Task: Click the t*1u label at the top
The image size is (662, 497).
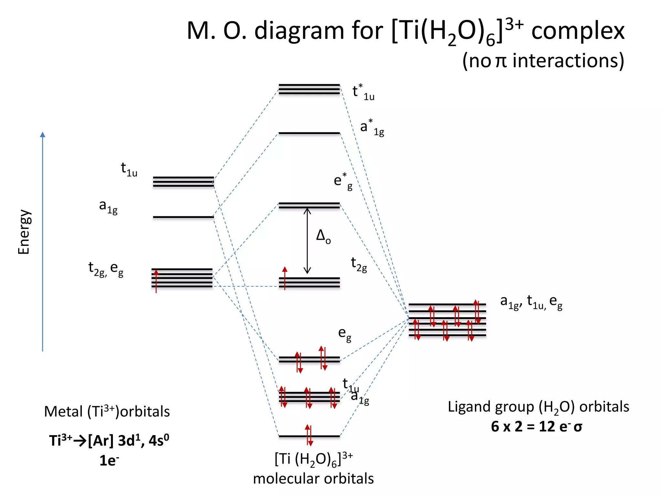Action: click(x=363, y=92)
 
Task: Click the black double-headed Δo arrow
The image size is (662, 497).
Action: click(x=307, y=241)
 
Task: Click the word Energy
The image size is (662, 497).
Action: click(x=24, y=232)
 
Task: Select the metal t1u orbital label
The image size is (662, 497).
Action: click(x=129, y=170)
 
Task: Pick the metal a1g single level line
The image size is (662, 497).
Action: click(x=183, y=217)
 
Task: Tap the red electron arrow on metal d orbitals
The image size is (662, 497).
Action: click(x=156, y=281)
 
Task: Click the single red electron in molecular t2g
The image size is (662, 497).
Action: click(x=284, y=278)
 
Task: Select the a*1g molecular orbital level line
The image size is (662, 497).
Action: click(x=309, y=133)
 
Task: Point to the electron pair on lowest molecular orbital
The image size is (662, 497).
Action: click(x=309, y=435)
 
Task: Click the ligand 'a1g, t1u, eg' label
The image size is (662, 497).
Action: click(x=531, y=302)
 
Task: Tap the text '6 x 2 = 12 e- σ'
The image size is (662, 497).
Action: click(x=536, y=426)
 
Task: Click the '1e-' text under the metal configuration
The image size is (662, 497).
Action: click(x=109, y=460)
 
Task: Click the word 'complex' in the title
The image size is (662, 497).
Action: click(x=578, y=31)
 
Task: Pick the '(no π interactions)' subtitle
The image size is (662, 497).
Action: click(x=543, y=61)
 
